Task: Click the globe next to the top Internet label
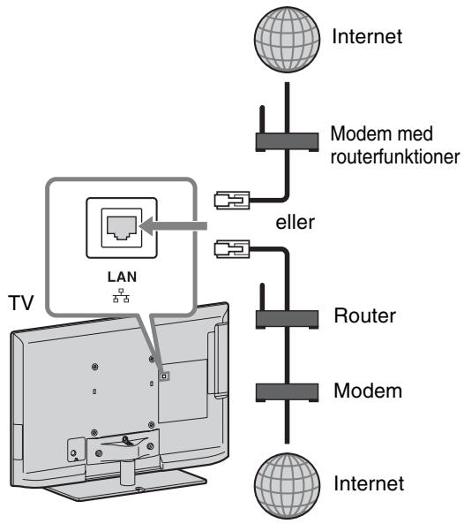pyautogui.click(x=287, y=39)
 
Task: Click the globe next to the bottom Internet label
pyautogui.click(x=287, y=485)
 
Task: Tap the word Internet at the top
pyautogui.click(x=367, y=36)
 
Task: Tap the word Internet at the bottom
pyautogui.click(x=369, y=483)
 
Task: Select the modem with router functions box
pyautogui.click(x=287, y=142)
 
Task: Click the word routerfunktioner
pyautogui.click(x=395, y=156)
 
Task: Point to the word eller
pyautogui.click(x=295, y=222)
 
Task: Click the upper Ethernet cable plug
pyautogui.click(x=232, y=201)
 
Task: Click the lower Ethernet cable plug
pyautogui.click(x=232, y=249)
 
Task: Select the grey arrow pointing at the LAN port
pyautogui.click(x=173, y=226)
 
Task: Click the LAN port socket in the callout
pyautogui.click(x=122, y=228)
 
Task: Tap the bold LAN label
pyautogui.click(x=122, y=277)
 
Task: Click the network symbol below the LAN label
pyautogui.click(x=121, y=295)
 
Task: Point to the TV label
pyautogui.click(x=22, y=303)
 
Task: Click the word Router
pyautogui.click(x=365, y=315)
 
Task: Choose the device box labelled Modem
pyautogui.click(x=287, y=392)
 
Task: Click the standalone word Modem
pyautogui.click(x=368, y=391)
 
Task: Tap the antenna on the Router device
pyautogui.click(x=262, y=297)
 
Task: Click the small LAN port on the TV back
pyautogui.click(x=163, y=376)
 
